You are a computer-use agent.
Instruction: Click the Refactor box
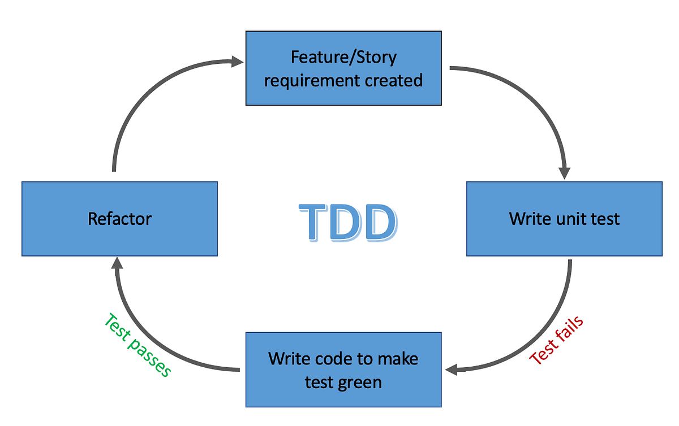[x=119, y=219]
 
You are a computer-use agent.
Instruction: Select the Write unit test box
[x=564, y=219]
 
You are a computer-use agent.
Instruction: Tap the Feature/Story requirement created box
[x=343, y=68]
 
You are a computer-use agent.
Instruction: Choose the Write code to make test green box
[x=343, y=370]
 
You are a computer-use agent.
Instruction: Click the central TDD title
[x=347, y=223]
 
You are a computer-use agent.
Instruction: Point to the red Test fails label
[x=556, y=341]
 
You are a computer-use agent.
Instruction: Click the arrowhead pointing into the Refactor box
[x=117, y=264]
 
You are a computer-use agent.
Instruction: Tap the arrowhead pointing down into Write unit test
[x=564, y=172]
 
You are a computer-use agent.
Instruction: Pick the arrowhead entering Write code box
[x=453, y=370]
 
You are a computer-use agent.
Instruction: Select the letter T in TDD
[x=313, y=223]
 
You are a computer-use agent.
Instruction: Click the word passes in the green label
[x=150, y=358]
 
